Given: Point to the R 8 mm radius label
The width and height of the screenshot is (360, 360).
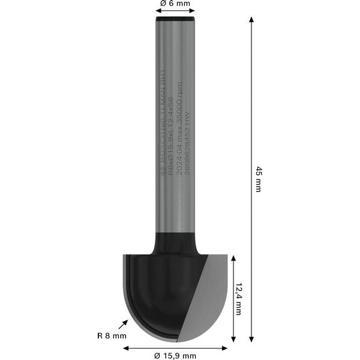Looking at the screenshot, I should [x=112, y=336].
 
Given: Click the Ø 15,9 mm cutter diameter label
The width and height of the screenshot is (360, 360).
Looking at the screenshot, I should [x=175, y=356].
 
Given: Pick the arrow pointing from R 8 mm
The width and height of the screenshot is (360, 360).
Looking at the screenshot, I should [x=125, y=324].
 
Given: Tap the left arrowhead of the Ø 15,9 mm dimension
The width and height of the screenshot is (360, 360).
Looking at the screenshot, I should [x=126, y=347].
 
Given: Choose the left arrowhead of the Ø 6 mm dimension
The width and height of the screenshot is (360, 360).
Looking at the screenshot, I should [x=158, y=14].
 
